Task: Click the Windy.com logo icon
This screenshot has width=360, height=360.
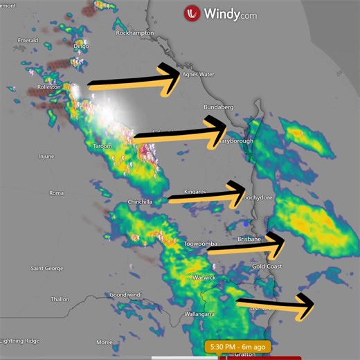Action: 192,13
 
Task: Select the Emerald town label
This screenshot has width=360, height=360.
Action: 28,40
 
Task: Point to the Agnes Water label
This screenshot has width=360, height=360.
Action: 198,74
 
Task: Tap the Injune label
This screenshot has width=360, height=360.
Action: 46,156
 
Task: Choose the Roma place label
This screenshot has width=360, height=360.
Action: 56,192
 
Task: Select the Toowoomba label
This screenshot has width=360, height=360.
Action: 201,244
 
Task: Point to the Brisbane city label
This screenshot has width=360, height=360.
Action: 249,239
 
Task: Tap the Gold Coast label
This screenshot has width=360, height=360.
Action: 267,267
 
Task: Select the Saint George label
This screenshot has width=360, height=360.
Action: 47,268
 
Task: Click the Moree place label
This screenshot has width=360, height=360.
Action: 104,342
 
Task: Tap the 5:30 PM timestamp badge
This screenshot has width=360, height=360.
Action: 237,346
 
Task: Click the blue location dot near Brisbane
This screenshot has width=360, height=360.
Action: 246,224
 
